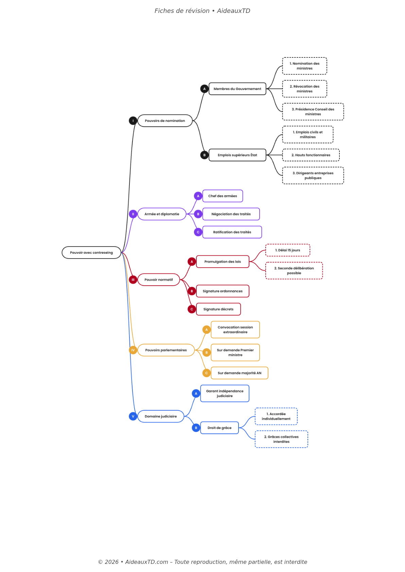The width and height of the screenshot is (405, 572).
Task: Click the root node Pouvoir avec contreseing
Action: (91, 252)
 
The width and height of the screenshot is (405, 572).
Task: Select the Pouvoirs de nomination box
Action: (165, 121)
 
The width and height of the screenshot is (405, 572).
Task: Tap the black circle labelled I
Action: (133, 121)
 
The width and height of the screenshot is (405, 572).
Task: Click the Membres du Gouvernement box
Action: (237, 89)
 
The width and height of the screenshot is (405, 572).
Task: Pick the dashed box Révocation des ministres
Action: (304, 89)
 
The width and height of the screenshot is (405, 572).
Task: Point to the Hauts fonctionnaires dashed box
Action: (311, 155)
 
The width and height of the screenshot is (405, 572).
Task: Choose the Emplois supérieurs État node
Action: (237, 155)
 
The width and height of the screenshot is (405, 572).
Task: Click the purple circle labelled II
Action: (133, 214)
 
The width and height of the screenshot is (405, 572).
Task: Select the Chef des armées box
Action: (223, 196)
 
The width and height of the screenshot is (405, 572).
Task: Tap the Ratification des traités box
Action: (232, 232)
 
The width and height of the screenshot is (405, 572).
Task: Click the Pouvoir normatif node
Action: (158, 280)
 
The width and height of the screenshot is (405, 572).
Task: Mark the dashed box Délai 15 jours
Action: (287, 250)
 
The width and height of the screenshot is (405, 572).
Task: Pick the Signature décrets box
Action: (218, 309)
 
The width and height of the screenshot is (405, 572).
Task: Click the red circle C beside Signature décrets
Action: (192, 309)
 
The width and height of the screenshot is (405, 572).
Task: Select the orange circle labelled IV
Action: (133, 350)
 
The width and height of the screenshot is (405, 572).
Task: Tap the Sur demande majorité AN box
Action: (239, 373)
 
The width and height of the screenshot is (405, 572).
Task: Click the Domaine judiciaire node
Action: (160, 416)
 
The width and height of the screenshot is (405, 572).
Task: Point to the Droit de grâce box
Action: (219, 428)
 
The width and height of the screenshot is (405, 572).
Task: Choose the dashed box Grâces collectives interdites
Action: (281, 439)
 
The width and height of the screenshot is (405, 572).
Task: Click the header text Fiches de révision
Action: (182, 11)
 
